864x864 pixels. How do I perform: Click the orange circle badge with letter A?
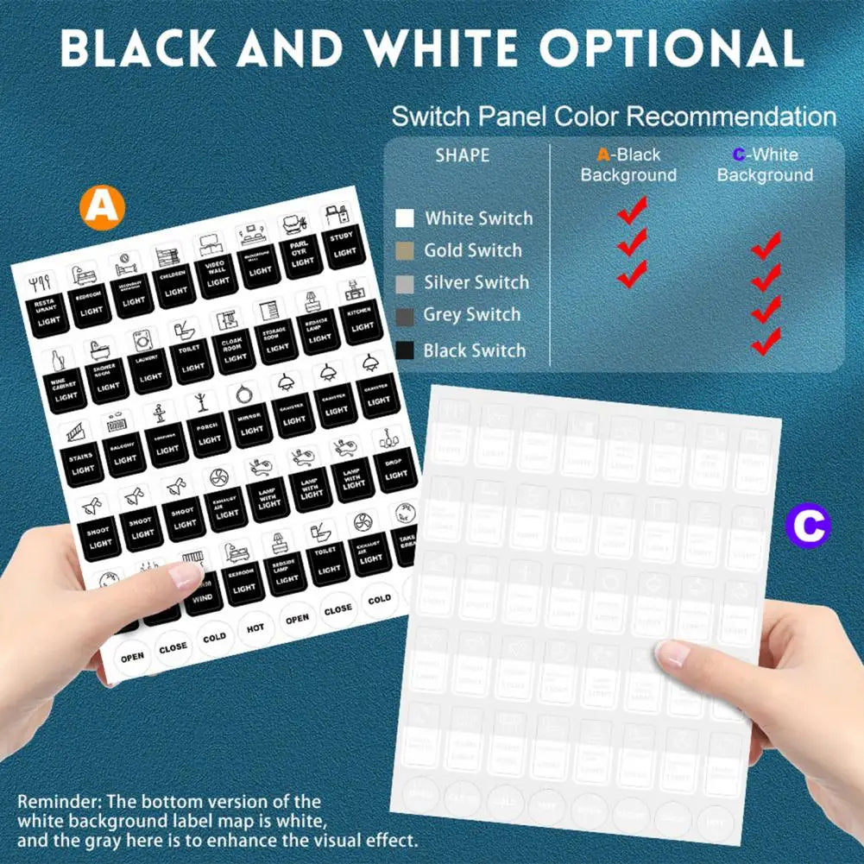[x=102, y=207]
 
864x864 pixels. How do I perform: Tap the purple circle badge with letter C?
[x=808, y=525]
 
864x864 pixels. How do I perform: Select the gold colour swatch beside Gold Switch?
[x=405, y=251]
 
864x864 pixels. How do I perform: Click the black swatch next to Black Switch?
[x=405, y=350]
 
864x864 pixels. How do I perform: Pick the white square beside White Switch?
[x=405, y=218]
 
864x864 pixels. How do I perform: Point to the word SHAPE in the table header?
[x=462, y=156]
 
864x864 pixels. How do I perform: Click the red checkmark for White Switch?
[x=633, y=209]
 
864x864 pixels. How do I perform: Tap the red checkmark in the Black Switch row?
[x=766, y=343]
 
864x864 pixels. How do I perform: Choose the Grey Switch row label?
[x=472, y=315]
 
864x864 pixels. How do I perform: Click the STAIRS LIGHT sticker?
[x=84, y=461]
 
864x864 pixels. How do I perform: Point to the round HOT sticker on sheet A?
[x=255, y=628]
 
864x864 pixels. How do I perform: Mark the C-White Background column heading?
[x=765, y=165]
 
